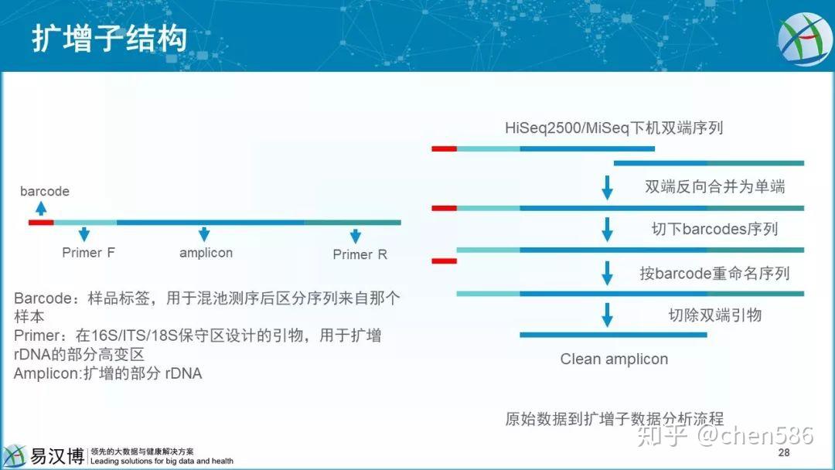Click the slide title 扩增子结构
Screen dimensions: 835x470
(109, 39)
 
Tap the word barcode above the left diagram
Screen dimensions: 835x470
(45, 191)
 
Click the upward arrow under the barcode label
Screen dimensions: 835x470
(41, 208)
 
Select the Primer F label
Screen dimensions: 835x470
(88, 252)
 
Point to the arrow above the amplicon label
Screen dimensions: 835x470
(204, 234)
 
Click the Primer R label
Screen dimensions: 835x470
(360, 254)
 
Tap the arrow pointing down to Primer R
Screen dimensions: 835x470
(356, 236)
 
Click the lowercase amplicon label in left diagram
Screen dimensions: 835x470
(206, 253)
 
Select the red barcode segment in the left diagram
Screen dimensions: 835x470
(41, 222)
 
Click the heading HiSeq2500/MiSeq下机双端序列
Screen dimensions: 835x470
(614, 128)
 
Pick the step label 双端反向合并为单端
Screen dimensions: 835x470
(714, 187)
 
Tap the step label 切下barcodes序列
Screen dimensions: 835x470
(714, 229)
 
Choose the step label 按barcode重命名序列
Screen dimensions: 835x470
(714, 274)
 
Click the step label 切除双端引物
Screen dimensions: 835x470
(714, 315)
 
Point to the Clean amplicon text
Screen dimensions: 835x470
(614, 359)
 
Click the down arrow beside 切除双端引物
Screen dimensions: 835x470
(607, 315)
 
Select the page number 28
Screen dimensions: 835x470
(784, 452)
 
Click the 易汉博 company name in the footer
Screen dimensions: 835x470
(56, 456)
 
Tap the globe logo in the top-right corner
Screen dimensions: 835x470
(804, 39)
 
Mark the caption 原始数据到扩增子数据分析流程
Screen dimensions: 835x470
(615, 419)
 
